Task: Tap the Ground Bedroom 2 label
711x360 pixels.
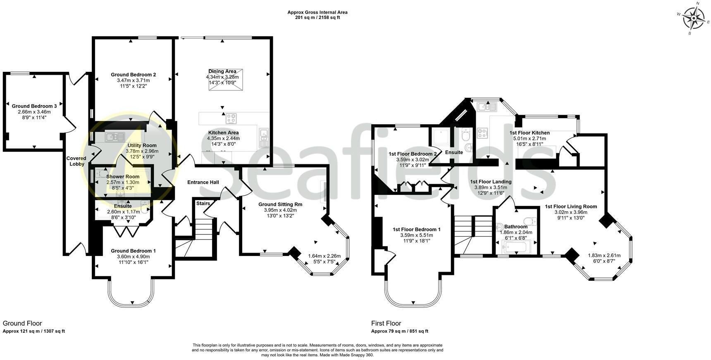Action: (x=133, y=75)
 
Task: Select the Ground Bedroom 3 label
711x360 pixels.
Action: (x=34, y=106)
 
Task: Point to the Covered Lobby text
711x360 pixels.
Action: (x=76, y=161)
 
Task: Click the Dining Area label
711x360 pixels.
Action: (x=222, y=71)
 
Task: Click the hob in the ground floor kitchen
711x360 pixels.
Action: (x=231, y=118)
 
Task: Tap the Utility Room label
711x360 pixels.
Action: (x=142, y=145)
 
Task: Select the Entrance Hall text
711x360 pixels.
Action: (x=203, y=182)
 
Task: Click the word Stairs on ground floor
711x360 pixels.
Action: (x=203, y=204)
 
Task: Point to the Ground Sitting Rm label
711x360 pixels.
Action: (x=280, y=204)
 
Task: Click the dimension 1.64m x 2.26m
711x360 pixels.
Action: (x=324, y=256)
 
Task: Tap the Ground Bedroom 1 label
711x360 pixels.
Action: (x=133, y=251)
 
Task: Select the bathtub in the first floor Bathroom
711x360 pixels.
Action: (x=513, y=248)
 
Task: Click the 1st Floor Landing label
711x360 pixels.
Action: (x=491, y=182)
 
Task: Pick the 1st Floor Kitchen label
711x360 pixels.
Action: (x=529, y=133)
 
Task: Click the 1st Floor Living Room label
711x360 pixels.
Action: (x=570, y=206)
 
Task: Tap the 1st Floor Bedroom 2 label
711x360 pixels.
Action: (x=413, y=154)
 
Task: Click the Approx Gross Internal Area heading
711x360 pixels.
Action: (x=317, y=12)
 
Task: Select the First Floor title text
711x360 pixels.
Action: (x=386, y=323)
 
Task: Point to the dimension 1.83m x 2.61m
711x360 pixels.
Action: (x=604, y=255)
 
